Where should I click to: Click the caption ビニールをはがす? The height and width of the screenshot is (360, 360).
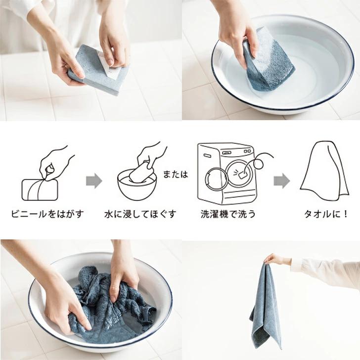pos(47,214)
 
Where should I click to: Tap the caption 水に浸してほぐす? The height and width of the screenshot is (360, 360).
pos(140,214)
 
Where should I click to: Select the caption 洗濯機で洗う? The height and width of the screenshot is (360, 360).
pos(228,214)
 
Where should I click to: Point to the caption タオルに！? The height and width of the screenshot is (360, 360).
pos(326,214)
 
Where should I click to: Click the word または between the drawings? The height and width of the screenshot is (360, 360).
pos(176,174)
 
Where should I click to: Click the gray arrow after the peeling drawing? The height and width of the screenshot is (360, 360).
pos(94,181)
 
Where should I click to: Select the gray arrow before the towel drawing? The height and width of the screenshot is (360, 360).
pos(282,181)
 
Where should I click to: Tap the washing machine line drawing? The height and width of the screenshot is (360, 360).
pos(229,174)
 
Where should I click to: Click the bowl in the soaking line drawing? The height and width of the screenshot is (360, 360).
pos(137,187)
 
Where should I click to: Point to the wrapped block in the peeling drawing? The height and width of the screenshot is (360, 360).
pos(40,190)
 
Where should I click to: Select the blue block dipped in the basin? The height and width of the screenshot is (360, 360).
pos(268,61)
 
